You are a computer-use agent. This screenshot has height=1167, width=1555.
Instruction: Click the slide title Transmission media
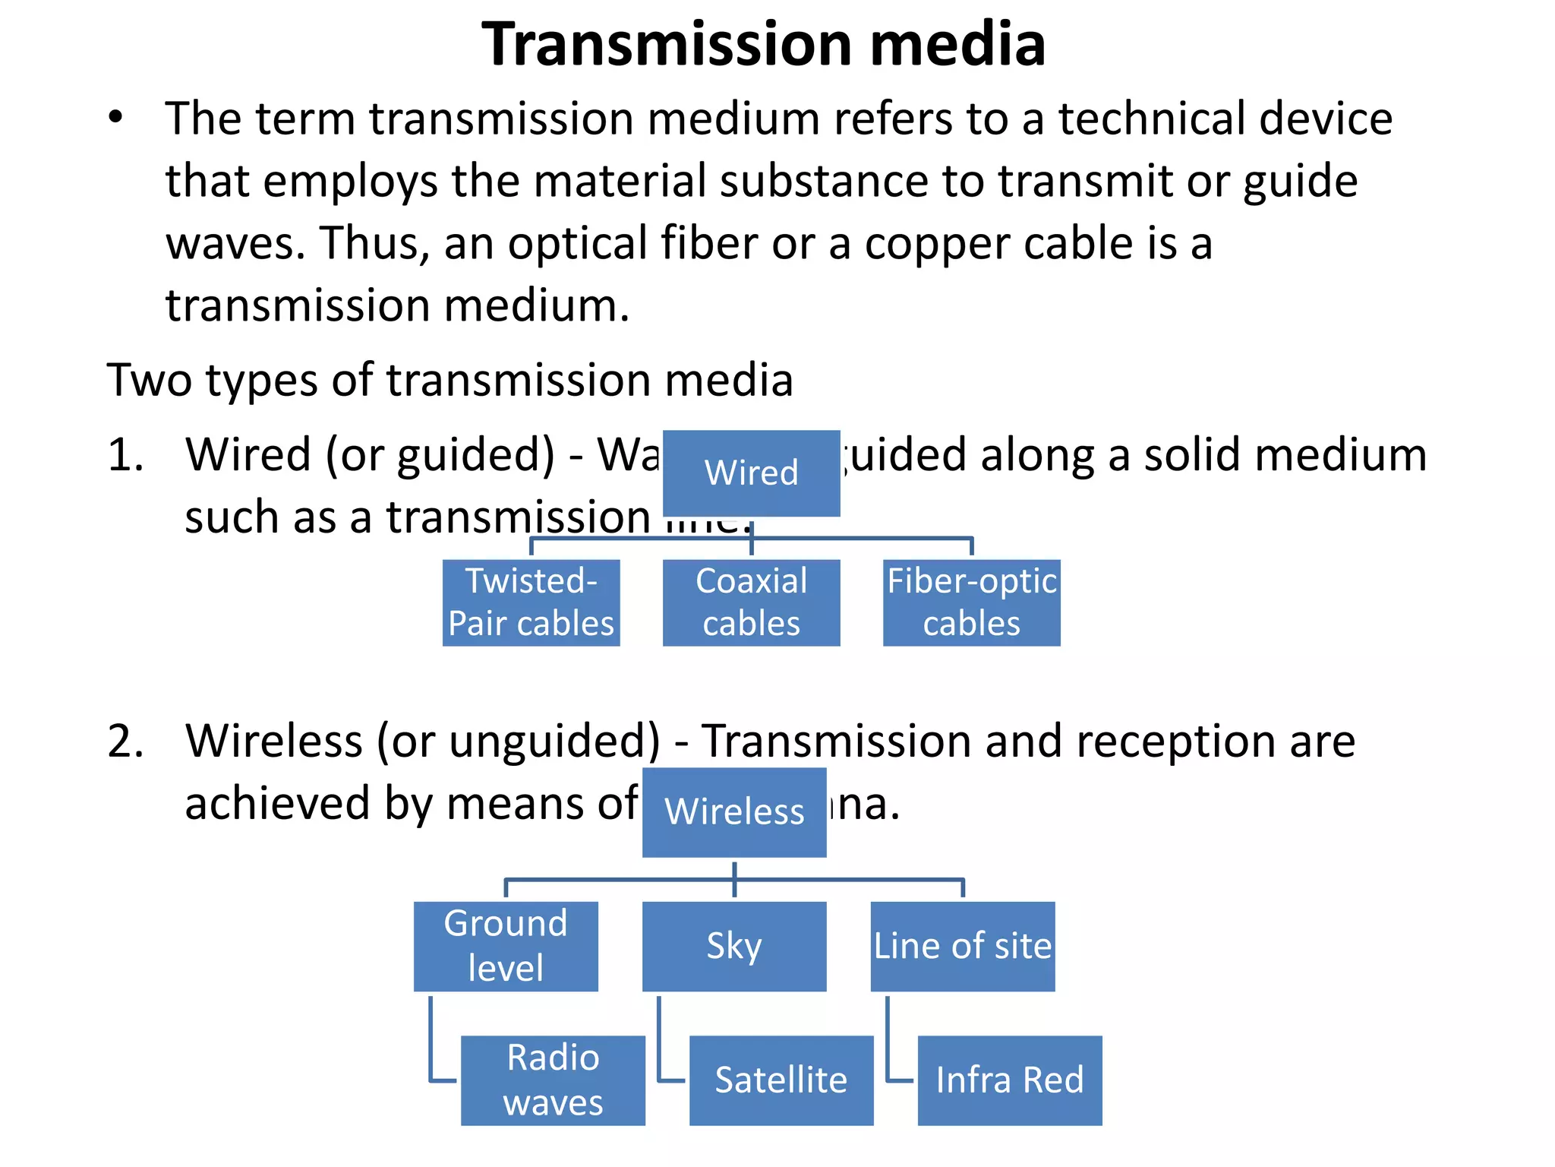coord(763,44)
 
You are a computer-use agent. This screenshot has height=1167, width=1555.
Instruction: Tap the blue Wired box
coord(751,473)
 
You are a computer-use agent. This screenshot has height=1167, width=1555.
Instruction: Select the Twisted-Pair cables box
coord(531,602)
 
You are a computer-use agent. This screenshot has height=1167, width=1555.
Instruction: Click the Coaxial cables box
coord(751,602)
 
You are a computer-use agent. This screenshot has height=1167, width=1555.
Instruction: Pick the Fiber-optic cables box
coord(971,602)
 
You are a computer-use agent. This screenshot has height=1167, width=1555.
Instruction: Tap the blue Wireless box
coord(734,811)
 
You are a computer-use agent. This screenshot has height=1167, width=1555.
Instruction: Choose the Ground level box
coord(506,946)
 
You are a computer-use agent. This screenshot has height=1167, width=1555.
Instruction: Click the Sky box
coord(734,946)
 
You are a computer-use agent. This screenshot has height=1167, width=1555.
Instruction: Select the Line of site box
coord(962,946)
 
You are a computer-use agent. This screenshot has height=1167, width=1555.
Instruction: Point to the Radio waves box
coord(553,1080)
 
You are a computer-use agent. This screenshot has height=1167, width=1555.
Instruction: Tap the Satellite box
coord(781,1080)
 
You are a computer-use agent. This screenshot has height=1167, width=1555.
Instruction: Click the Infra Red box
coord(1009,1080)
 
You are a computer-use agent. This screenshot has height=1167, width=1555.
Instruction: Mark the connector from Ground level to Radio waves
coord(432,1048)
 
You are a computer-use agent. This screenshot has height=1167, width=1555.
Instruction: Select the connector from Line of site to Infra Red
coord(888,1048)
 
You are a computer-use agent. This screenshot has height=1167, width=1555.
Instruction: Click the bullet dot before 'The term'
coord(115,118)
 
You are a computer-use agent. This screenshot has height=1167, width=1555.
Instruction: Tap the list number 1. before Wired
coord(125,455)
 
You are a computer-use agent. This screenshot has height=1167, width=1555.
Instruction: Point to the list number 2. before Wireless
coord(125,741)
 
